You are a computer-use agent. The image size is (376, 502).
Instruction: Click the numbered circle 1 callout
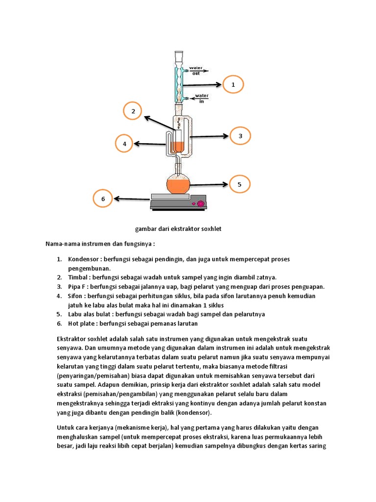tap(233, 85)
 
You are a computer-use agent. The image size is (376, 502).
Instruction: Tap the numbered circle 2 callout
tap(133, 112)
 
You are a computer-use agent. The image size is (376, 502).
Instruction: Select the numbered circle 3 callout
tap(240, 136)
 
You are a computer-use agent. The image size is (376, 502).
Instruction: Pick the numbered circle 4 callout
tap(124, 144)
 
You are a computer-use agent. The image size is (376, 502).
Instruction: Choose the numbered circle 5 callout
tap(239, 185)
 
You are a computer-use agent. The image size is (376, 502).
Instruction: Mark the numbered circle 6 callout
tap(103, 199)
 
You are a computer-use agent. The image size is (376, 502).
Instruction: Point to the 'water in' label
tap(202, 98)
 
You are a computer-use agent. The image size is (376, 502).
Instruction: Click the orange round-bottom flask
tap(178, 185)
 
